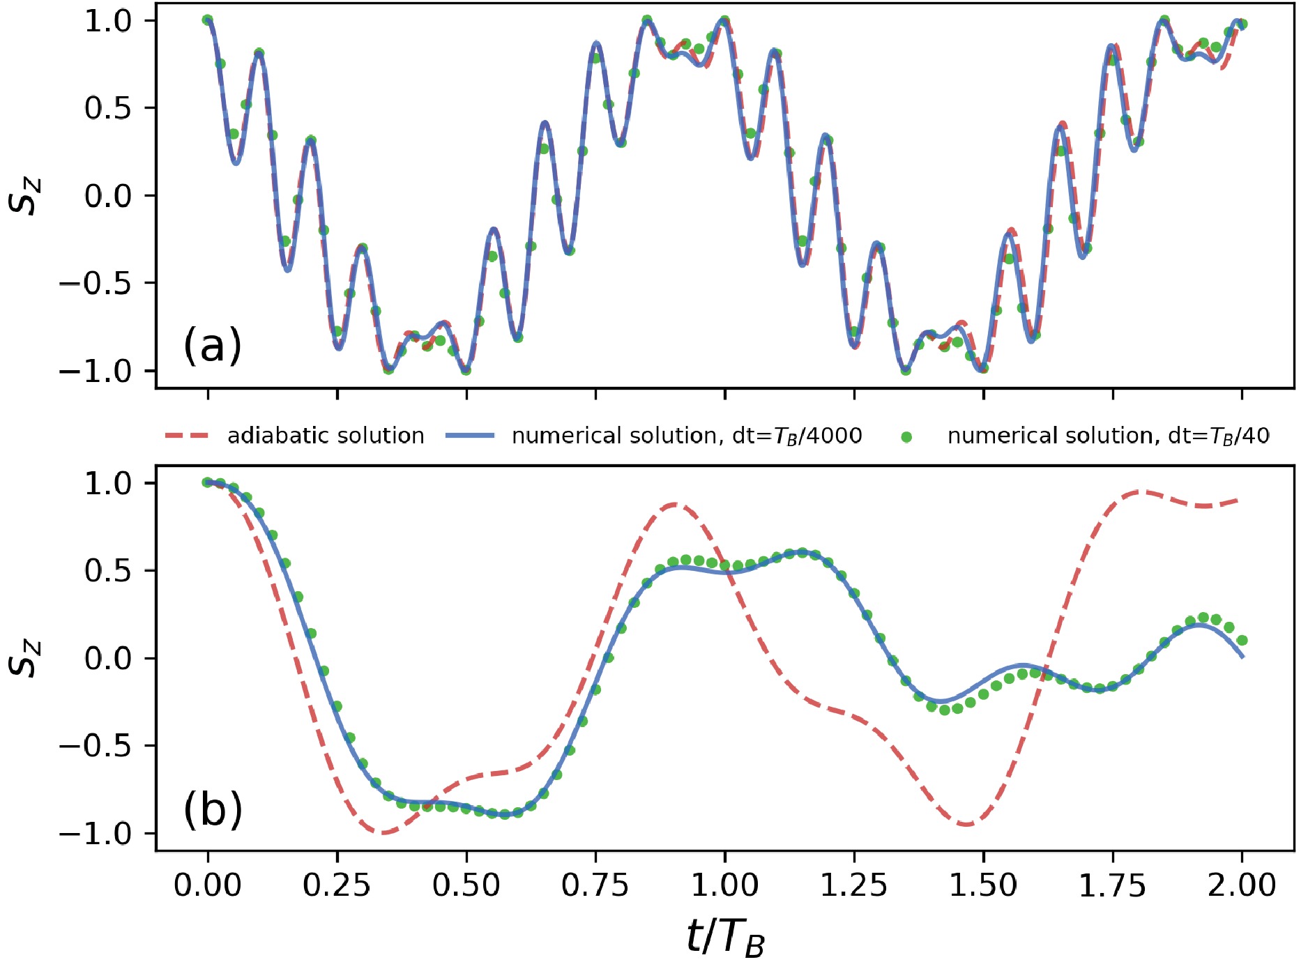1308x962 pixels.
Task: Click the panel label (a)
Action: click(x=213, y=346)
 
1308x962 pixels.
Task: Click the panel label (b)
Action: click(x=213, y=809)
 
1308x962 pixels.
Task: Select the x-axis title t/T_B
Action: click(x=725, y=936)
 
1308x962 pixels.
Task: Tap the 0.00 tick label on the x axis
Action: click(x=208, y=885)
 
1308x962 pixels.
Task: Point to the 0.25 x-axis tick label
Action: click(x=337, y=885)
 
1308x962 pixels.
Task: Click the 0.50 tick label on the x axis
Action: click(x=466, y=885)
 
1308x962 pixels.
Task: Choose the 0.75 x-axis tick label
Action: click(x=595, y=885)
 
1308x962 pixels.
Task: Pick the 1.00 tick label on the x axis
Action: click(x=725, y=885)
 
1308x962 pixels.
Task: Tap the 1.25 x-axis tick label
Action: click(x=854, y=885)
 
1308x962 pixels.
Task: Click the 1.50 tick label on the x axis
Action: click(x=984, y=885)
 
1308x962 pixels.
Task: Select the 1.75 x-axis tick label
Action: click(x=1113, y=885)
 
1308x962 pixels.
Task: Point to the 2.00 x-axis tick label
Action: click(x=1242, y=885)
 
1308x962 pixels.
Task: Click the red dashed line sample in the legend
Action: click(x=187, y=436)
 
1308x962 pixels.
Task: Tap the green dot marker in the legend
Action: click(x=906, y=437)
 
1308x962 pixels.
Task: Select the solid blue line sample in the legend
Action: click(x=469, y=436)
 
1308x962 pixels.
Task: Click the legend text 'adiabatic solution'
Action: click(x=326, y=436)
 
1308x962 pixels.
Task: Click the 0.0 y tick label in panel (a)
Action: click(x=107, y=196)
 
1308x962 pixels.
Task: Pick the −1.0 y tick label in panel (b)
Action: click(x=95, y=834)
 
